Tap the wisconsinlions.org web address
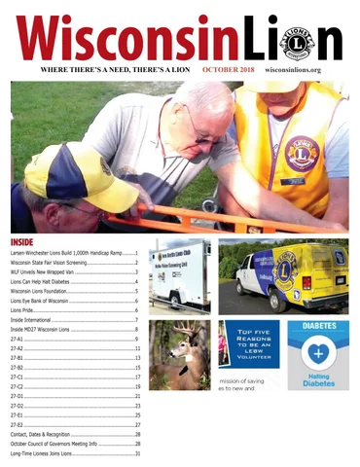pos(304,71)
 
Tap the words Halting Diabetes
pos(318,382)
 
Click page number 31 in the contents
pos(138,453)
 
